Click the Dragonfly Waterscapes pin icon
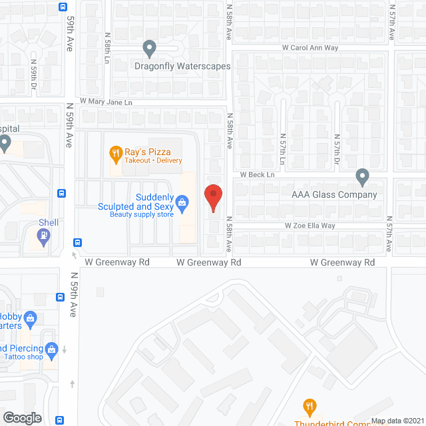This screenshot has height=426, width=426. pos(150,48)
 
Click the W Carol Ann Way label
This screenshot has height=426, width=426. pos(310,48)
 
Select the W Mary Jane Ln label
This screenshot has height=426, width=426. pos(106,102)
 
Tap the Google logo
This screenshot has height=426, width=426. pos(22,417)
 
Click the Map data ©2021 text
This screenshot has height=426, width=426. pos(397,421)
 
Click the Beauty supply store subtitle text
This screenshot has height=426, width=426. pos(142,214)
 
